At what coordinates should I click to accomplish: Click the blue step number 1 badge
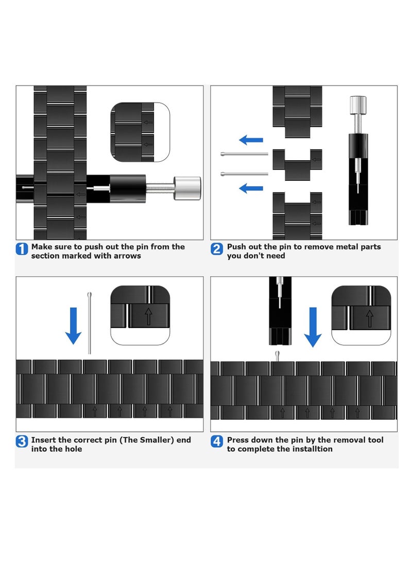pos(22,249)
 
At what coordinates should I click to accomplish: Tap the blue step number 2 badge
pos(216,249)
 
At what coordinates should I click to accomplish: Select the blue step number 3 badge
pos(22,441)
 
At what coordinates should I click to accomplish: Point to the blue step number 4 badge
pos(216,441)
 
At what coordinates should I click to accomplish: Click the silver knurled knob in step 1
pos(187,188)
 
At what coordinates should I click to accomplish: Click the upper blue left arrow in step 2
pos(251,140)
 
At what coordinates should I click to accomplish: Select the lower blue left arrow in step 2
pos(251,188)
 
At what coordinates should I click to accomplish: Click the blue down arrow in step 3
pos(74,326)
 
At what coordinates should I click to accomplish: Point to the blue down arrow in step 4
pos(313,327)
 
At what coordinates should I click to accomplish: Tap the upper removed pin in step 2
pos(244,154)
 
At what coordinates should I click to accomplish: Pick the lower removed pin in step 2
pos(244,174)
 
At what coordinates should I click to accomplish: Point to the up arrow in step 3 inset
pos(148,316)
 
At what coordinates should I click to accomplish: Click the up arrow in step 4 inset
pos(369,319)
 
